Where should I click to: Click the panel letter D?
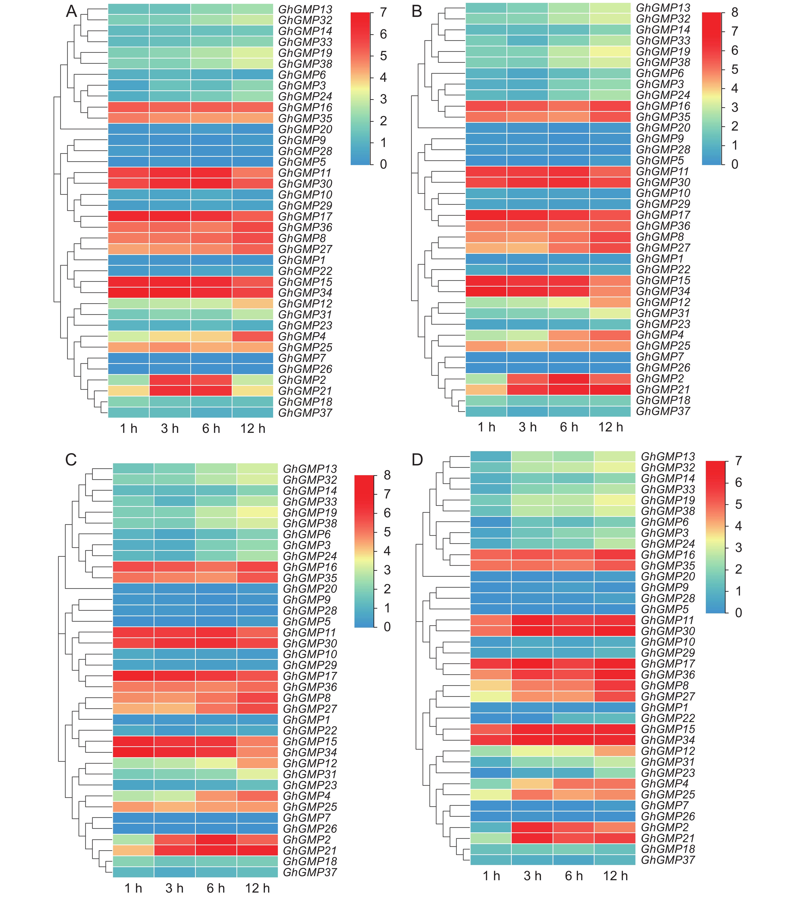click(x=417, y=460)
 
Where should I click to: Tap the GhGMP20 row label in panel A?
click(x=305, y=129)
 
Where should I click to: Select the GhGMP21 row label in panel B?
click(x=663, y=389)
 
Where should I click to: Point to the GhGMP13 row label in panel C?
click(x=310, y=469)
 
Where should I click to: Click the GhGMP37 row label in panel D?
click(x=668, y=860)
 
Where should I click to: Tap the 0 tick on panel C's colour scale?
click(x=387, y=627)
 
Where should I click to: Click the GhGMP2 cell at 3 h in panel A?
click(x=170, y=380)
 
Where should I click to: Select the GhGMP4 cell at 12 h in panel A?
click(x=253, y=337)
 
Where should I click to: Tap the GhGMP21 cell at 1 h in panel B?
click(x=486, y=389)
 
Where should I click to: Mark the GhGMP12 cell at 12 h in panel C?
click(x=257, y=763)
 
